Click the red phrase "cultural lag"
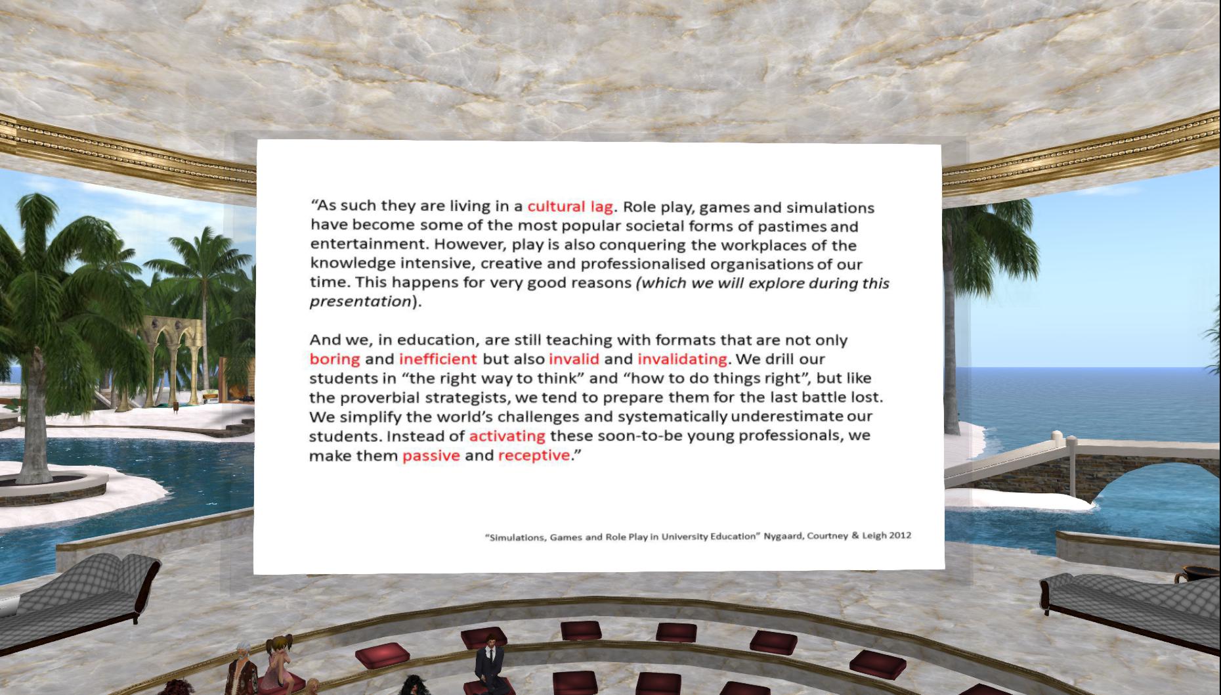pos(570,206)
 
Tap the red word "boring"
pos(335,359)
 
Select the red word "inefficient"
pos(438,359)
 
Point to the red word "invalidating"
pos(682,359)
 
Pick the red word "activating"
pos(507,436)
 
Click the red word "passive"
pos(431,455)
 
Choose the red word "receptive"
pos(534,455)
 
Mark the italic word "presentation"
pos(360,302)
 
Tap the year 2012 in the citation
pos(899,535)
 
